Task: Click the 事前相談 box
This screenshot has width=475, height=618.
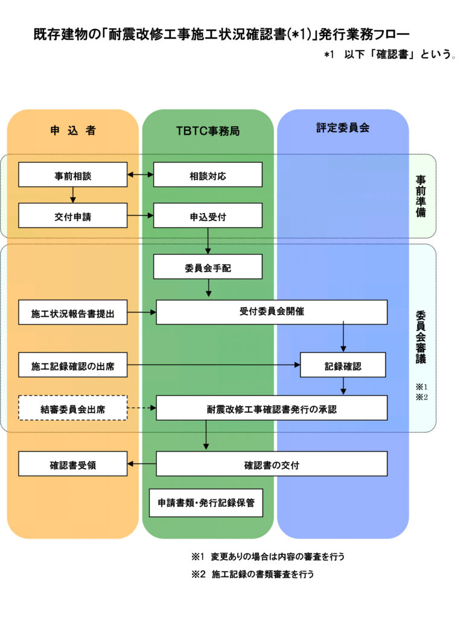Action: tap(72, 175)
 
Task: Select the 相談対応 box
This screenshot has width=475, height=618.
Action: tap(208, 175)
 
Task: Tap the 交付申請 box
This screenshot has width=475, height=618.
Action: tap(72, 215)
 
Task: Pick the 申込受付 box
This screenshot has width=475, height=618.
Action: tap(208, 215)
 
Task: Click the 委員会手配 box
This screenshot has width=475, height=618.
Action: tap(208, 267)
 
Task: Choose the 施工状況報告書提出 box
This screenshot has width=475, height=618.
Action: tap(72, 313)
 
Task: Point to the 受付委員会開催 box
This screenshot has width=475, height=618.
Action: tap(272, 312)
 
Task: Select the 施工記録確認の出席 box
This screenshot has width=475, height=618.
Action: tap(72, 365)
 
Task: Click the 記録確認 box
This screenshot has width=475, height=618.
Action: tap(343, 365)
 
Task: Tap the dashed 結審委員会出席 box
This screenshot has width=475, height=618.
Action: tap(72, 408)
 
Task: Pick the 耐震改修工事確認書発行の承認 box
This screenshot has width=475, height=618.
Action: tap(272, 408)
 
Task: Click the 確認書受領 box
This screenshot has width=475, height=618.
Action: tap(72, 464)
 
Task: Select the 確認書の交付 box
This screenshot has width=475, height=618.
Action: tap(272, 464)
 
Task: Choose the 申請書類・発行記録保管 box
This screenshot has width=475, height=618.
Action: tap(206, 503)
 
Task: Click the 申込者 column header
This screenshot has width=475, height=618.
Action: tap(72, 130)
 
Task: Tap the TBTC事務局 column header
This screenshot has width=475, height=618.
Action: tap(208, 130)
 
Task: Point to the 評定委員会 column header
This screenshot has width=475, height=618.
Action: tap(343, 128)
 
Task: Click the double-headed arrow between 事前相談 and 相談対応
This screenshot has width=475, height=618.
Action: tap(141, 175)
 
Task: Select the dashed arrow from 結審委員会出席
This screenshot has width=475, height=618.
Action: tap(142, 408)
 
